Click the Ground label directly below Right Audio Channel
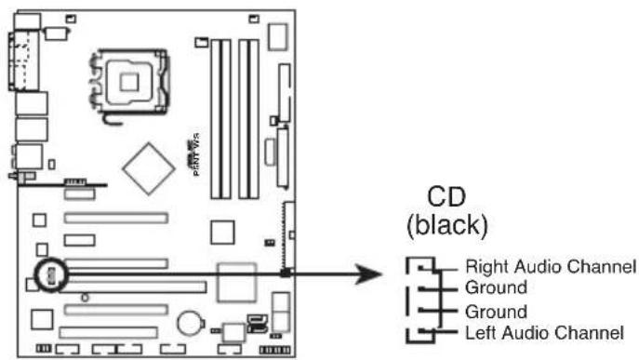pos(488,288)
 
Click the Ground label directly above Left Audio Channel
pos(488,311)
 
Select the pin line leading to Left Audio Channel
pos(442,332)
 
